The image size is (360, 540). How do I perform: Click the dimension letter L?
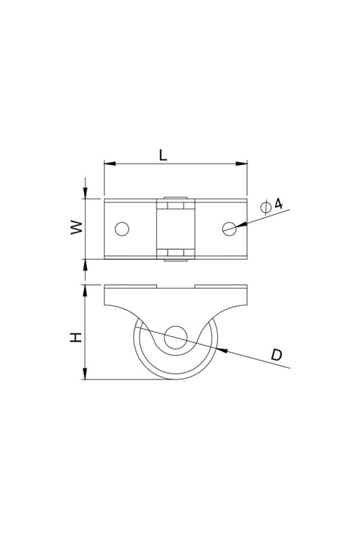tap(163, 155)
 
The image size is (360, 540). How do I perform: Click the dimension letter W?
tap(77, 227)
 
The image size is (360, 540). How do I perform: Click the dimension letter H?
tap(76, 337)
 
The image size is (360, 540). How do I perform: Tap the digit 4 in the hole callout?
tap(278, 203)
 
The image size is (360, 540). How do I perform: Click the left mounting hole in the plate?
tap(122, 229)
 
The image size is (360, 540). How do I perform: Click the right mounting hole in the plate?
tap(229, 229)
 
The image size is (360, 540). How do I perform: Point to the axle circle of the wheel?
tap(176, 337)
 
